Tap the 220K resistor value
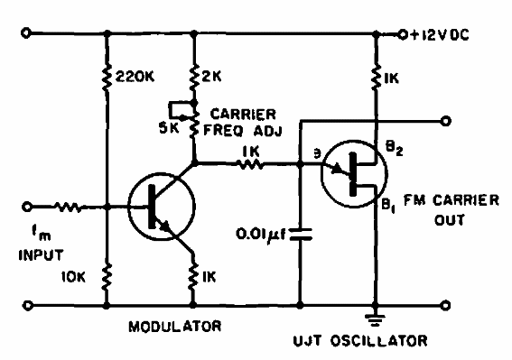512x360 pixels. point(134,78)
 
